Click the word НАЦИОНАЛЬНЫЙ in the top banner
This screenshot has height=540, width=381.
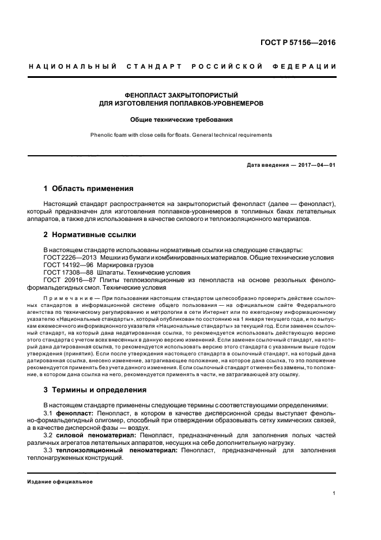tap(73, 67)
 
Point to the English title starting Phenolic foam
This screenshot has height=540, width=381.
tap(182, 135)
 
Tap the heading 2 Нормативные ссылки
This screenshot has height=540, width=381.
tap(89, 235)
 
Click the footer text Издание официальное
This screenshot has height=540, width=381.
tap(60, 481)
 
